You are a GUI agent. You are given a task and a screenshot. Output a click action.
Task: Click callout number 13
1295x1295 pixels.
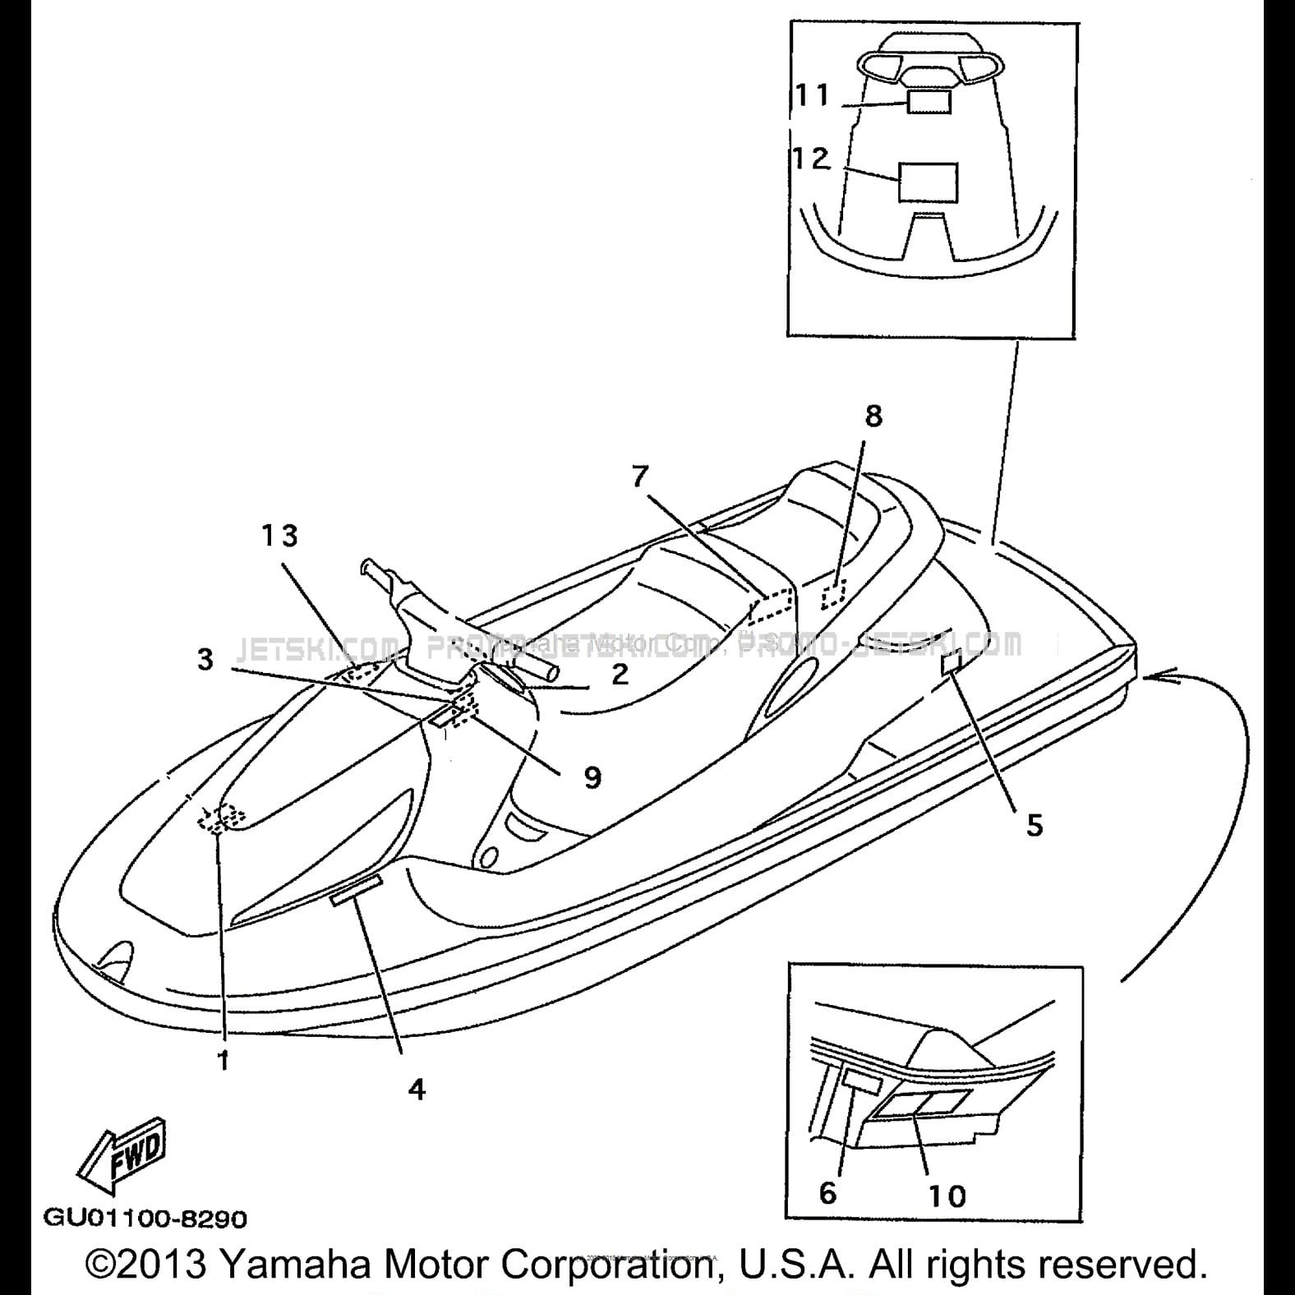point(279,536)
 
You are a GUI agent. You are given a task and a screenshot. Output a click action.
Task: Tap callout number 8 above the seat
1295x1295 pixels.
point(873,417)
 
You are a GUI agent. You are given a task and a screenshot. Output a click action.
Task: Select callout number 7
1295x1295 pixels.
point(641,476)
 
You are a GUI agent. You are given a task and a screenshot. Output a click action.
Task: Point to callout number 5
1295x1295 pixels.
point(1035,825)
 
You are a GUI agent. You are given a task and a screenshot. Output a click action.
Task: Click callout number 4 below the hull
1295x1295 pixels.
point(417,1089)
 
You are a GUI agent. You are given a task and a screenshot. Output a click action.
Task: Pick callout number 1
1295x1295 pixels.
point(223,1060)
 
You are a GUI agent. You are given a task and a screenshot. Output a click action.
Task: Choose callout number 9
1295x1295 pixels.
point(592,777)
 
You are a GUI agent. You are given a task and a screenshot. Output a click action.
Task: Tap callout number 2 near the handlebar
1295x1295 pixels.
point(620,674)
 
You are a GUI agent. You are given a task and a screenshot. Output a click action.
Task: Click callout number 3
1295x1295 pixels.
point(205,659)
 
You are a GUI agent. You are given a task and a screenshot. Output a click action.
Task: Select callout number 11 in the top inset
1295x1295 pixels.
point(813,95)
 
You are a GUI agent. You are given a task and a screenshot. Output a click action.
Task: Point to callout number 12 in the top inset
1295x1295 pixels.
point(811,158)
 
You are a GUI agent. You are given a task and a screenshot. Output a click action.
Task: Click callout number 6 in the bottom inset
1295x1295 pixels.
point(827,1191)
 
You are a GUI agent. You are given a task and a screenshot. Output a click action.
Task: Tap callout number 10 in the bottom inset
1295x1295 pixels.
point(947,1196)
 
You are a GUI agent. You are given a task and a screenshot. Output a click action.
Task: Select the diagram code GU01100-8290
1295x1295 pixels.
point(145,1218)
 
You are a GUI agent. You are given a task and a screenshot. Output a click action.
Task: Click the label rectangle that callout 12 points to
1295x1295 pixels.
point(929,182)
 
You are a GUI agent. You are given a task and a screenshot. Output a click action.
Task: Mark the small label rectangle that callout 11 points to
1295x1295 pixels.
point(929,102)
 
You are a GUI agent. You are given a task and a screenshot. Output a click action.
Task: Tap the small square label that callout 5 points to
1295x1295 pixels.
point(952,662)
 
